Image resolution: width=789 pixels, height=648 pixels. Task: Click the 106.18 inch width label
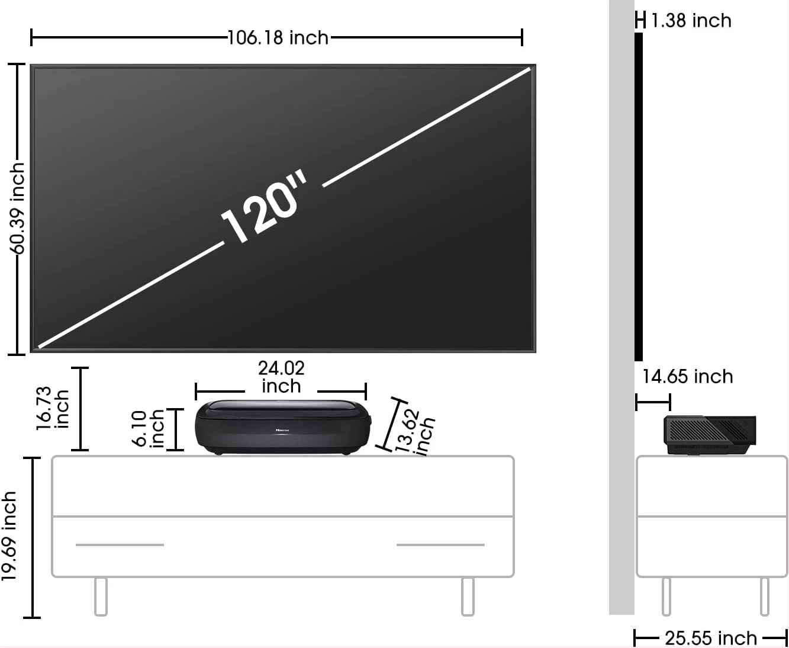[278, 38]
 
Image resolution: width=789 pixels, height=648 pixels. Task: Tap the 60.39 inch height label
[17, 208]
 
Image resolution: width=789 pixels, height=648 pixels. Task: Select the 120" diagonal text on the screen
[265, 207]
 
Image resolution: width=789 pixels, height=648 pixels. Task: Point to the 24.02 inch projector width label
[281, 377]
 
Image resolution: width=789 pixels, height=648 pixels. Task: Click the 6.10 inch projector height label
[149, 429]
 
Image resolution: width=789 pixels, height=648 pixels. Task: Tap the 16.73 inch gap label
[53, 408]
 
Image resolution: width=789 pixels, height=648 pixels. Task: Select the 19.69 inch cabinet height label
[9, 536]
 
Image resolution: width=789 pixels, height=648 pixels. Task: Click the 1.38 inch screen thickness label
[691, 21]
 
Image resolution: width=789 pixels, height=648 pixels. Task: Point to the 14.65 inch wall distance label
[688, 377]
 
